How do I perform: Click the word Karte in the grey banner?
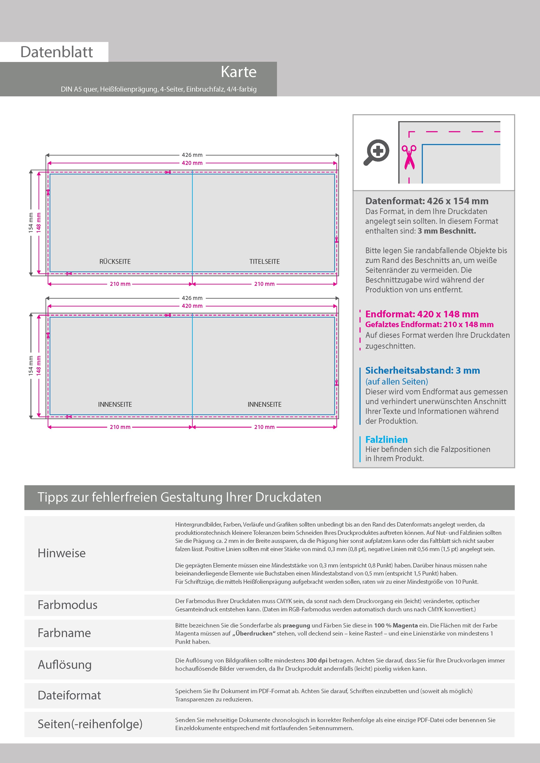pyautogui.click(x=239, y=72)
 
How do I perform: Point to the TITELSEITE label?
pyautogui.click(x=265, y=261)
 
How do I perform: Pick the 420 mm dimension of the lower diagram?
pyautogui.click(x=192, y=306)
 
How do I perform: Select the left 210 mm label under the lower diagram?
pyautogui.click(x=120, y=427)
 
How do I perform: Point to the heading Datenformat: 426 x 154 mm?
pyautogui.click(x=427, y=201)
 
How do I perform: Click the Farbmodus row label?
pyautogui.click(x=67, y=605)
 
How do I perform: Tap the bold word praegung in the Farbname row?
pyautogui.click(x=296, y=625)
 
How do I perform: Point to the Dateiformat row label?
pyautogui.click(x=69, y=695)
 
